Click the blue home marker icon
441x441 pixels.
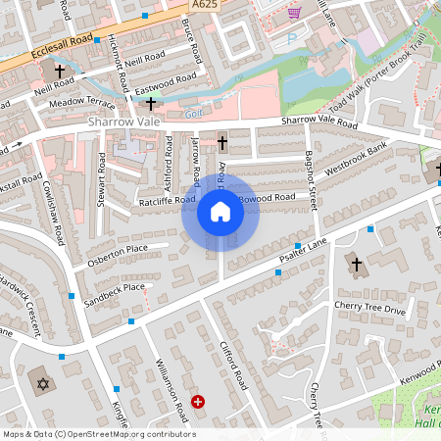(220, 212)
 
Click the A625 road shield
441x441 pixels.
(205, 6)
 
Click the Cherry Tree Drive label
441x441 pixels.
(368, 310)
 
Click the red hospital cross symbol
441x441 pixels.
(199, 401)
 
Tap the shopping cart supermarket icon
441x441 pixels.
(294, 13)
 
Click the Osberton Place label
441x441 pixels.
(118, 248)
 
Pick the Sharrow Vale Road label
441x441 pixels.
(319, 122)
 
